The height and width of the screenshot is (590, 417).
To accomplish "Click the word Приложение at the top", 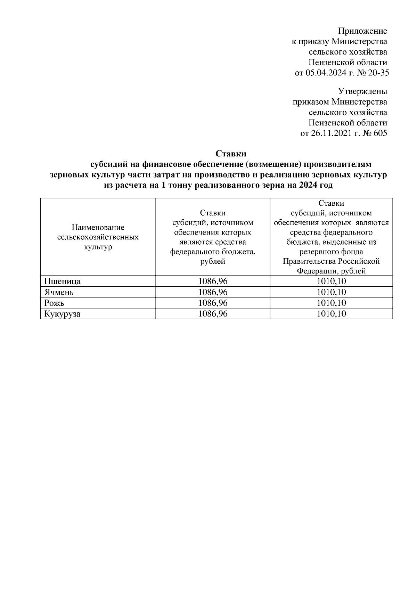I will (363, 31).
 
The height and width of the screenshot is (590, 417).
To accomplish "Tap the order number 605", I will (379, 133).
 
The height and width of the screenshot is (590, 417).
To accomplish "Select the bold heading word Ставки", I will (231, 154).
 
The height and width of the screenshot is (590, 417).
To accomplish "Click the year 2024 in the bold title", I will (307, 185).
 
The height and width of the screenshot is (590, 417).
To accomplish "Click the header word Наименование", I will (98, 228).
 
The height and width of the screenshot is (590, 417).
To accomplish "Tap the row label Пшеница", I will (62, 281).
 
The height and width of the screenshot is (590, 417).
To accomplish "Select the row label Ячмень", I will (59, 292).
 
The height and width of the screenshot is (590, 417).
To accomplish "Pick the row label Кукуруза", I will (62, 314).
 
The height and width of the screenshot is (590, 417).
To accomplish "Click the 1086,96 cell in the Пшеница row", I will (213, 281).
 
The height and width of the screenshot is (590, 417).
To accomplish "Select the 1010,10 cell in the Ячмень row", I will (331, 292).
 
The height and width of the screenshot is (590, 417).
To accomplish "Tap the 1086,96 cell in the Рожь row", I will (213, 303).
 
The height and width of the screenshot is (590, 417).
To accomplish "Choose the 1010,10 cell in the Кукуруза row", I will (331, 314).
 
